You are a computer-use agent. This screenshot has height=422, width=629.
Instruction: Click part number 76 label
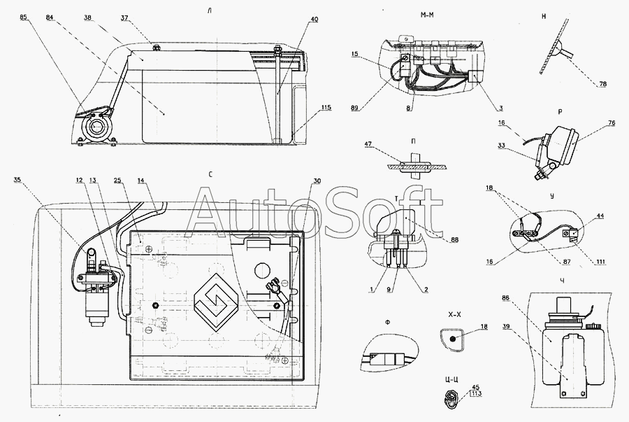pos(611,124)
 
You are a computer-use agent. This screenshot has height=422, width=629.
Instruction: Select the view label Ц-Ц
pos(451,380)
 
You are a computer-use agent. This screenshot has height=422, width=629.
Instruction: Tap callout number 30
pos(317,181)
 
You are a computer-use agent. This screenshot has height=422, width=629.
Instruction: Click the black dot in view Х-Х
pos(452,338)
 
